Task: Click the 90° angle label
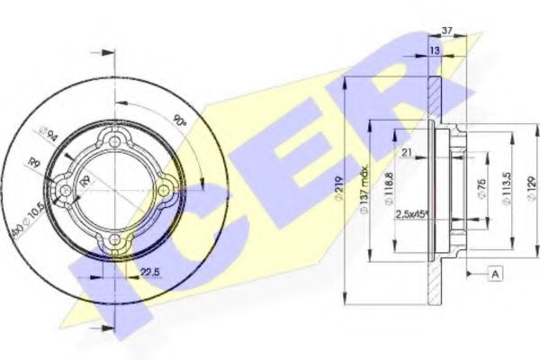coord(182,117)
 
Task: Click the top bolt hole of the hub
coord(112,139)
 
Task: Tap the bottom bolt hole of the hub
coord(112,240)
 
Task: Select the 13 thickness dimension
coord(435,52)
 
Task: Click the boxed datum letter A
coord(494,271)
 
